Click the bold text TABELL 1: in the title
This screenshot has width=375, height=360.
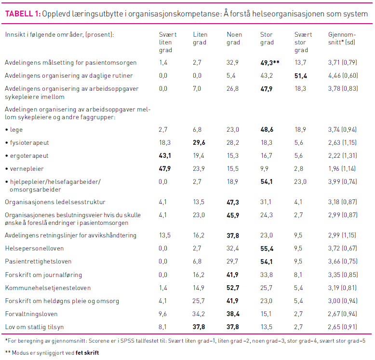(23, 14)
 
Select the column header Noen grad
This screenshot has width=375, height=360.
(235, 39)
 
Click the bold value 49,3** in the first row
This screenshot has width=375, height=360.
(270, 63)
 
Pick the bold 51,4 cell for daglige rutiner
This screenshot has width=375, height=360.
(301, 76)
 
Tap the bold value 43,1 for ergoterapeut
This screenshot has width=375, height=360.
(165, 156)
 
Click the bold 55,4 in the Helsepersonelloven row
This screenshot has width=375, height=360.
(267, 249)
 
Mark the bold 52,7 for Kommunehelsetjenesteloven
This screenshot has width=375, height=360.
(233, 288)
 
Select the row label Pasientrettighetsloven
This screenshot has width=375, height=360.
(38, 262)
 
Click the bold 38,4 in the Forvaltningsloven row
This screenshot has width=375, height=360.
(233, 314)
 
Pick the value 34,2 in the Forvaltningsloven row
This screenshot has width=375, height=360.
(199, 314)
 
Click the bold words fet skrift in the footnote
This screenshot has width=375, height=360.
(87, 353)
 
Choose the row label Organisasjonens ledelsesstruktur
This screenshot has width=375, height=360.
(55, 202)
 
